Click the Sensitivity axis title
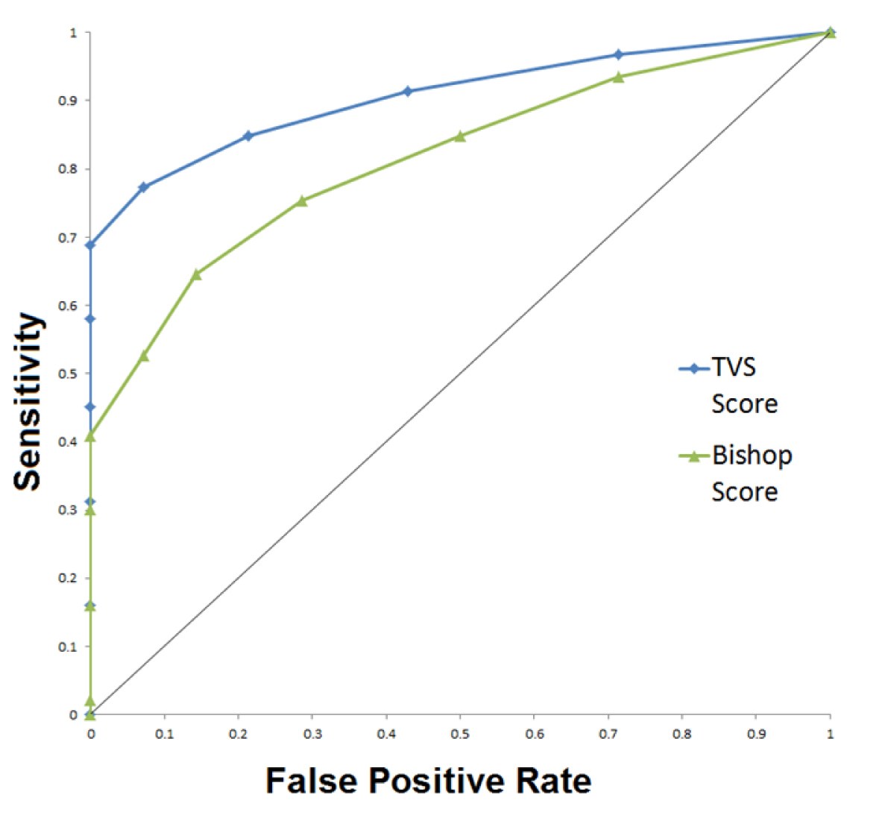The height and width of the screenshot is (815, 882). point(28,401)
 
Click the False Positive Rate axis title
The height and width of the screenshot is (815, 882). point(428,781)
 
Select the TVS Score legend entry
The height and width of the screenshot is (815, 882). point(734,385)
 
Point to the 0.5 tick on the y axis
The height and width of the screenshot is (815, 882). point(73,374)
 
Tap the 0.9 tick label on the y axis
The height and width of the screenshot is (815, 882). point(73,101)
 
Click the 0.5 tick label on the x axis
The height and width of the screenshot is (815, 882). point(460,734)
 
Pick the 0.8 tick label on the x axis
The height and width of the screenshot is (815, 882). point(681,734)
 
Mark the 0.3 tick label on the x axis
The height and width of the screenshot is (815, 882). point(312,734)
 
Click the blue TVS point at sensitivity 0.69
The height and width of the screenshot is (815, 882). point(90,245)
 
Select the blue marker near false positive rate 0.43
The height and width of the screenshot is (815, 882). point(407,91)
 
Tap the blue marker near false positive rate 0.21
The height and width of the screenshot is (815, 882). point(248,136)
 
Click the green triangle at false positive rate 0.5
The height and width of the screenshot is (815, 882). point(460,136)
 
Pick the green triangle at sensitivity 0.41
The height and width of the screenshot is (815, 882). point(90,436)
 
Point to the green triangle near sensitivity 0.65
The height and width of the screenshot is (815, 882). point(196,274)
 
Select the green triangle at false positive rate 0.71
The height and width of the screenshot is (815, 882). point(618,77)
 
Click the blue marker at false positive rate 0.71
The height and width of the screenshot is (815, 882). point(618,54)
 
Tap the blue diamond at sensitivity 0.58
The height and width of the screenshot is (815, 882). point(90,319)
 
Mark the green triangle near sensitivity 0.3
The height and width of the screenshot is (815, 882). point(90,510)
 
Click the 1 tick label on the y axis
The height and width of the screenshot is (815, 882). point(73,33)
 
